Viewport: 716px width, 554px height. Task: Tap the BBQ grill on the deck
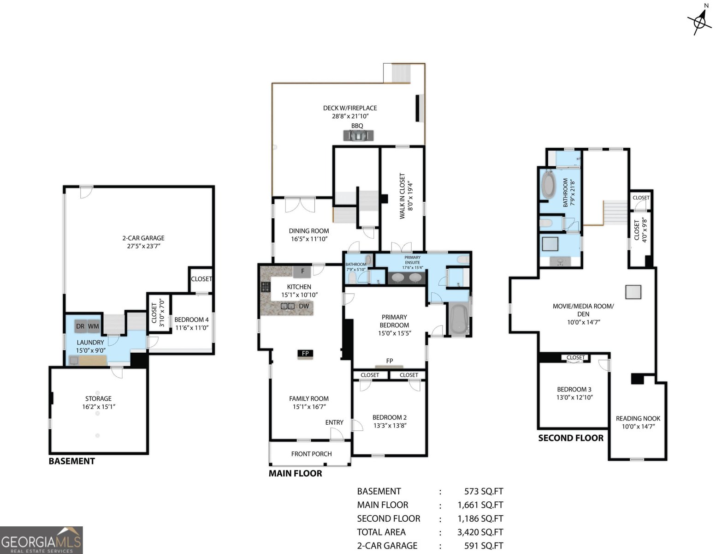pyautogui.click(x=358, y=135)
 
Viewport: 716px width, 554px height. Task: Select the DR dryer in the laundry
pyautogui.click(x=81, y=326)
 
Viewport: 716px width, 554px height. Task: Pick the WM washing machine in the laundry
pyautogui.click(x=94, y=326)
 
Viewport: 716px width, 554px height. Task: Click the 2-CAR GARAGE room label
pyautogui.click(x=143, y=242)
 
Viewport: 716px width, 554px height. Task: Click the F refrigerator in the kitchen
pyautogui.click(x=302, y=271)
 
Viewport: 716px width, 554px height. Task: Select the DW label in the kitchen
pyautogui.click(x=304, y=306)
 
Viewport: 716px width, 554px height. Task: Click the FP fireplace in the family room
pyautogui.click(x=305, y=354)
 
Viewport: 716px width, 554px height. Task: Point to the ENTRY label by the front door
pyautogui.click(x=334, y=422)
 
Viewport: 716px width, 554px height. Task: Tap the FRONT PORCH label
pyautogui.click(x=311, y=454)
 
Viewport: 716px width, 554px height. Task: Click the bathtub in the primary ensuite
pyautogui.click(x=458, y=319)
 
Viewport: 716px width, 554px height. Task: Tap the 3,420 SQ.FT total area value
pyautogui.click(x=480, y=532)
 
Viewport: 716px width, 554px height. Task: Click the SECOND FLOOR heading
pyautogui.click(x=571, y=438)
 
